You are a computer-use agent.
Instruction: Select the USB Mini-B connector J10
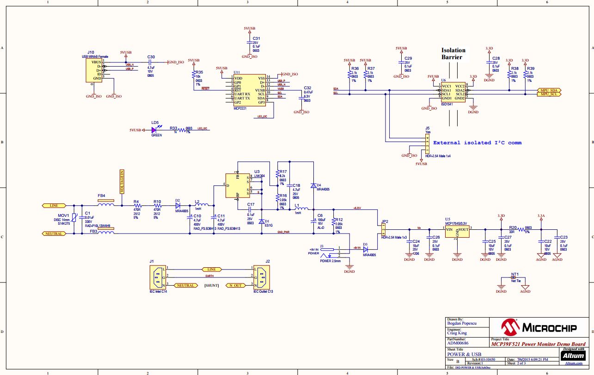[x=94, y=70]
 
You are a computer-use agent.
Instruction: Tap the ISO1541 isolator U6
[x=453, y=92]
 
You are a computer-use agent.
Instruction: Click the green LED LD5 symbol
[x=154, y=130]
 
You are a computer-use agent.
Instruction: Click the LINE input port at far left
[x=51, y=205]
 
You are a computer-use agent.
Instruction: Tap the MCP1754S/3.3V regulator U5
[x=457, y=231]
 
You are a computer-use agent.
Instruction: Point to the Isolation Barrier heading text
[x=453, y=54]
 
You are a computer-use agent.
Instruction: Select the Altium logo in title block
[x=574, y=355]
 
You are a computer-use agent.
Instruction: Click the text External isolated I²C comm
[x=477, y=142]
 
